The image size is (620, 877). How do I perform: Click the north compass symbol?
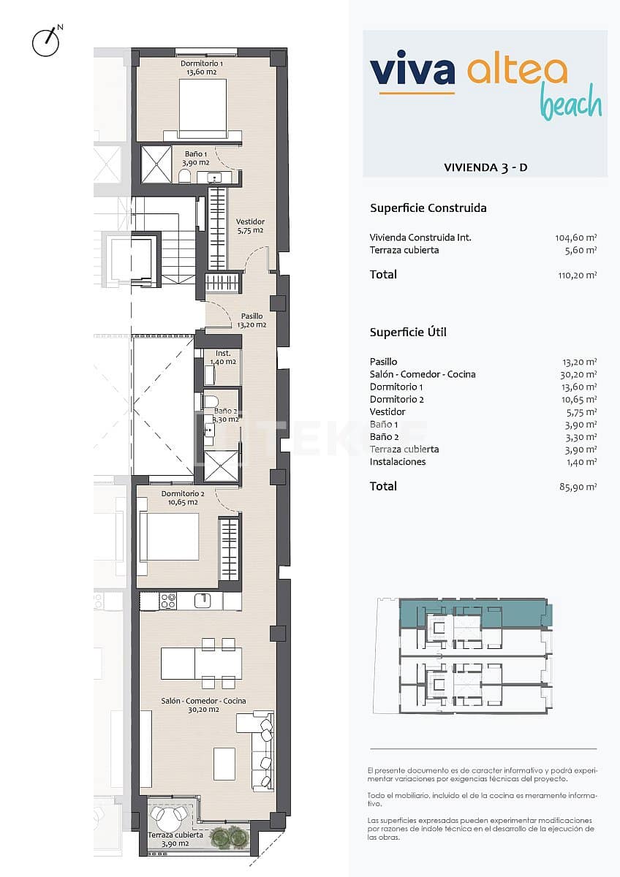pos(45,42)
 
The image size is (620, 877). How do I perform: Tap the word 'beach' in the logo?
pos(571,104)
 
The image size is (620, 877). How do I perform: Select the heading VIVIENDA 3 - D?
pos(485,167)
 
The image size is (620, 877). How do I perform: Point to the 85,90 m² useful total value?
pos(578,487)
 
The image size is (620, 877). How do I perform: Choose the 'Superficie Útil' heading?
pos(408,333)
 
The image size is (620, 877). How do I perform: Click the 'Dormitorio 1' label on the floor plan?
pos(203,64)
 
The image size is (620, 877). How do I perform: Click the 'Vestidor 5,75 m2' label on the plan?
pos(250,226)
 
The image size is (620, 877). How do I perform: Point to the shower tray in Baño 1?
pos(156,164)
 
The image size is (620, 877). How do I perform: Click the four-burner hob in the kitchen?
pos(168,601)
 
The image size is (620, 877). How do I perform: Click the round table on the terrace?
pos(160,815)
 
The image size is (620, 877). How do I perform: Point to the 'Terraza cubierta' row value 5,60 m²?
pos(583,250)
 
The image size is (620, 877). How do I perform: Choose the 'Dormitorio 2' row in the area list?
pos(397,399)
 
